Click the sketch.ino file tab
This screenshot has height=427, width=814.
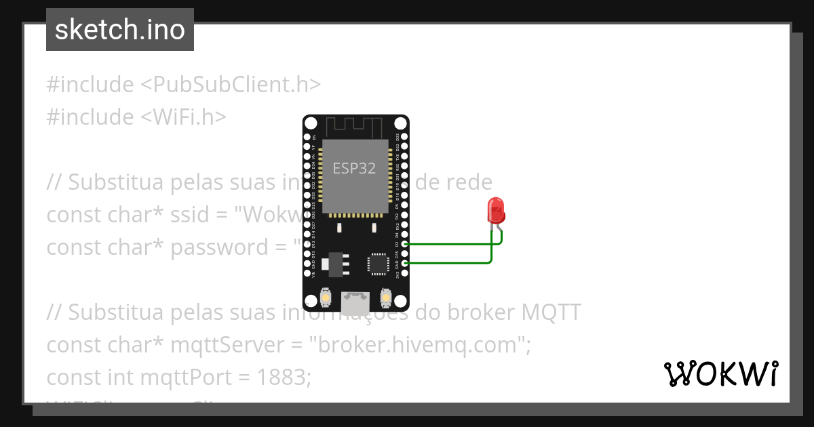119,30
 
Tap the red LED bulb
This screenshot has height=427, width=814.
496,211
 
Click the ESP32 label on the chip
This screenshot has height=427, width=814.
354,169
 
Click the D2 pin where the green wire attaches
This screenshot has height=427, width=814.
405,244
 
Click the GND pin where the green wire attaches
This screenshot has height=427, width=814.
405,263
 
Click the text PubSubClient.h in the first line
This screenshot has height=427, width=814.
231,85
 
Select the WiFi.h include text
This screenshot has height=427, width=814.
184,117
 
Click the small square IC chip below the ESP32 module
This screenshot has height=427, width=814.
377,264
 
